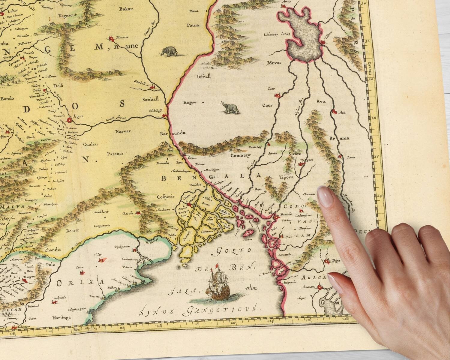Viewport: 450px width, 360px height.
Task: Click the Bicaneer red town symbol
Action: (x=112, y=38)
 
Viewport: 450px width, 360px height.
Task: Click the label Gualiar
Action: (x=91, y=144)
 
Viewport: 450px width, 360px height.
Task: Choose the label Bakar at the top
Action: (x=126, y=9)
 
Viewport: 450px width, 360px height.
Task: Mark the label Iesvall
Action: (x=203, y=76)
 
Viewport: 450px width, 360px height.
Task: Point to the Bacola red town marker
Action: (x=138, y=213)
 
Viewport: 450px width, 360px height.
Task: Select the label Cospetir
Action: (x=166, y=197)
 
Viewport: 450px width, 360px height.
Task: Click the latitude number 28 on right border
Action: (x=374, y=118)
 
